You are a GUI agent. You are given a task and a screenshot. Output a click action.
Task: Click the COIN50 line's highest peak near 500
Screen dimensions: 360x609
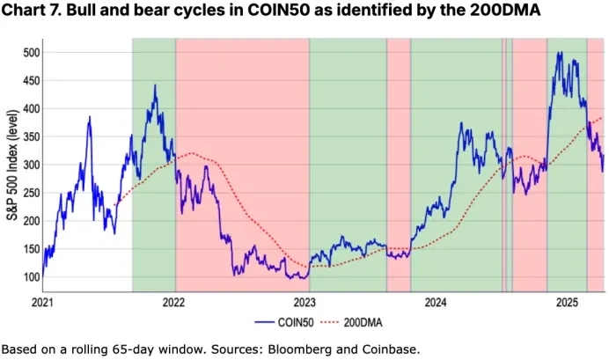559,53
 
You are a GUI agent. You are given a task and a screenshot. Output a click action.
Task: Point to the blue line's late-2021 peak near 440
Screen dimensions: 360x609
155,85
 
